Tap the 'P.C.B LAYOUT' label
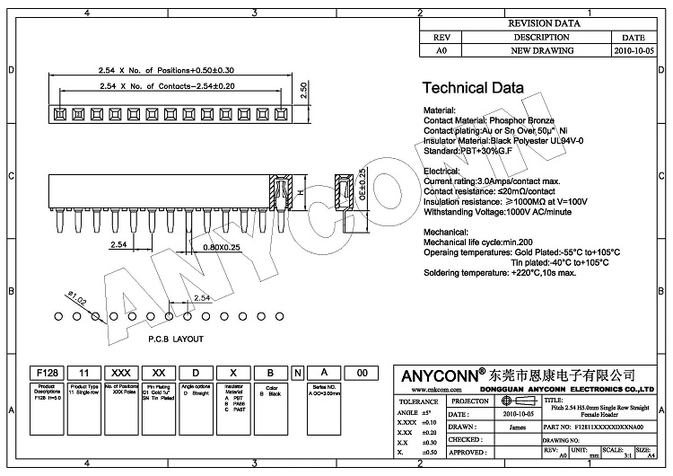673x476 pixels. point(176,339)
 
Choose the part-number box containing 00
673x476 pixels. point(362,372)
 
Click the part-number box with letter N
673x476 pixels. point(298,372)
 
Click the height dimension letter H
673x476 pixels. point(302,192)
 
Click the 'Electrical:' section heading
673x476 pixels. point(448,170)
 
